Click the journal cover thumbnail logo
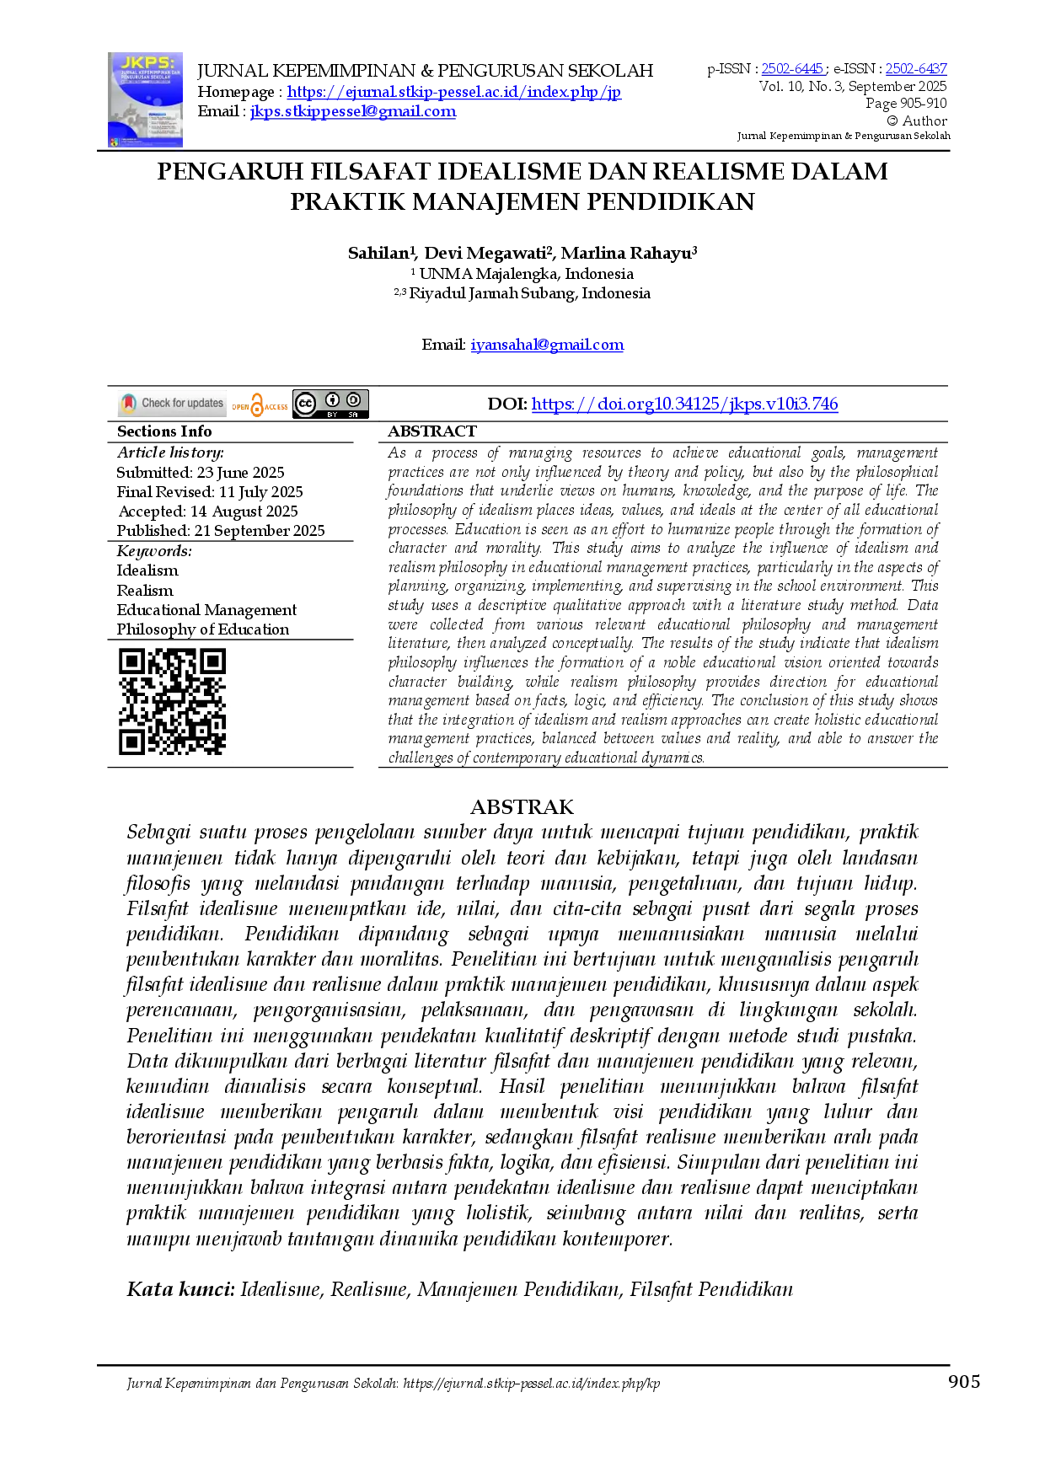click(x=145, y=100)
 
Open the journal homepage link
click(x=454, y=92)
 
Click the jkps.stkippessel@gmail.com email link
click(x=353, y=111)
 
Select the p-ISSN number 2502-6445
click(x=792, y=69)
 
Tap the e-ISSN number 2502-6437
click(x=916, y=69)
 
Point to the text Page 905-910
click(x=906, y=104)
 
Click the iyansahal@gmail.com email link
click(x=547, y=345)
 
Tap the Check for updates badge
click(x=172, y=404)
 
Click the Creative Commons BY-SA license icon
click(x=330, y=404)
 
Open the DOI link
click(x=684, y=404)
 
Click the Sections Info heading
click(x=164, y=431)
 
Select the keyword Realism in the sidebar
click(x=145, y=591)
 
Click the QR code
click(x=172, y=702)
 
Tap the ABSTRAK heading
click(x=522, y=807)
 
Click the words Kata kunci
click(x=180, y=1289)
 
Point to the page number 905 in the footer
click(x=964, y=1381)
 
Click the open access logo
click(x=260, y=405)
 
